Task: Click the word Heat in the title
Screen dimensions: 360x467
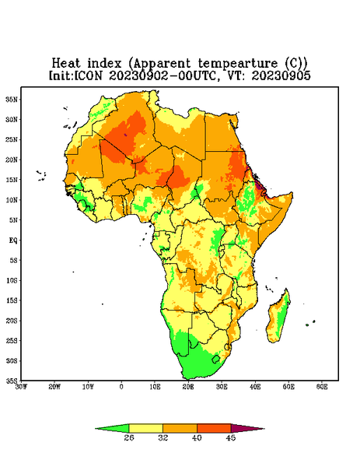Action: coord(66,63)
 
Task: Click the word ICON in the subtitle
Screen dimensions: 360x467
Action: coord(88,75)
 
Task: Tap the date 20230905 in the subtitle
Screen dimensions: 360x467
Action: coord(281,75)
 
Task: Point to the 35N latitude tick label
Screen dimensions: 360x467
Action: coord(12,99)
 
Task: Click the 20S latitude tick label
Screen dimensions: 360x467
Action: coord(12,321)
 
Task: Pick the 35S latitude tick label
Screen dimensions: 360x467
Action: coord(12,381)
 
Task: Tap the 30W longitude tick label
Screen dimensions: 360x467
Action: coord(21,387)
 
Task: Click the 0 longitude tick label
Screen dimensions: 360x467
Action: coord(121,387)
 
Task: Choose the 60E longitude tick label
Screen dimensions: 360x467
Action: coord(322,387)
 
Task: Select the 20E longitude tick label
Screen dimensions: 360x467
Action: coord(188,387)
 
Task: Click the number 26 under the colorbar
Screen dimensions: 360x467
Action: coord(129,437)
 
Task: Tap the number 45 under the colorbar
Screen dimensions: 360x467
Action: coord(231,437)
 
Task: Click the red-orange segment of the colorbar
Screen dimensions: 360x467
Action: coord(214,428)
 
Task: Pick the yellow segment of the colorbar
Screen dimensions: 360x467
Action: coord(146,428)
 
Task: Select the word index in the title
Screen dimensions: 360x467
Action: coord(105,63)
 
